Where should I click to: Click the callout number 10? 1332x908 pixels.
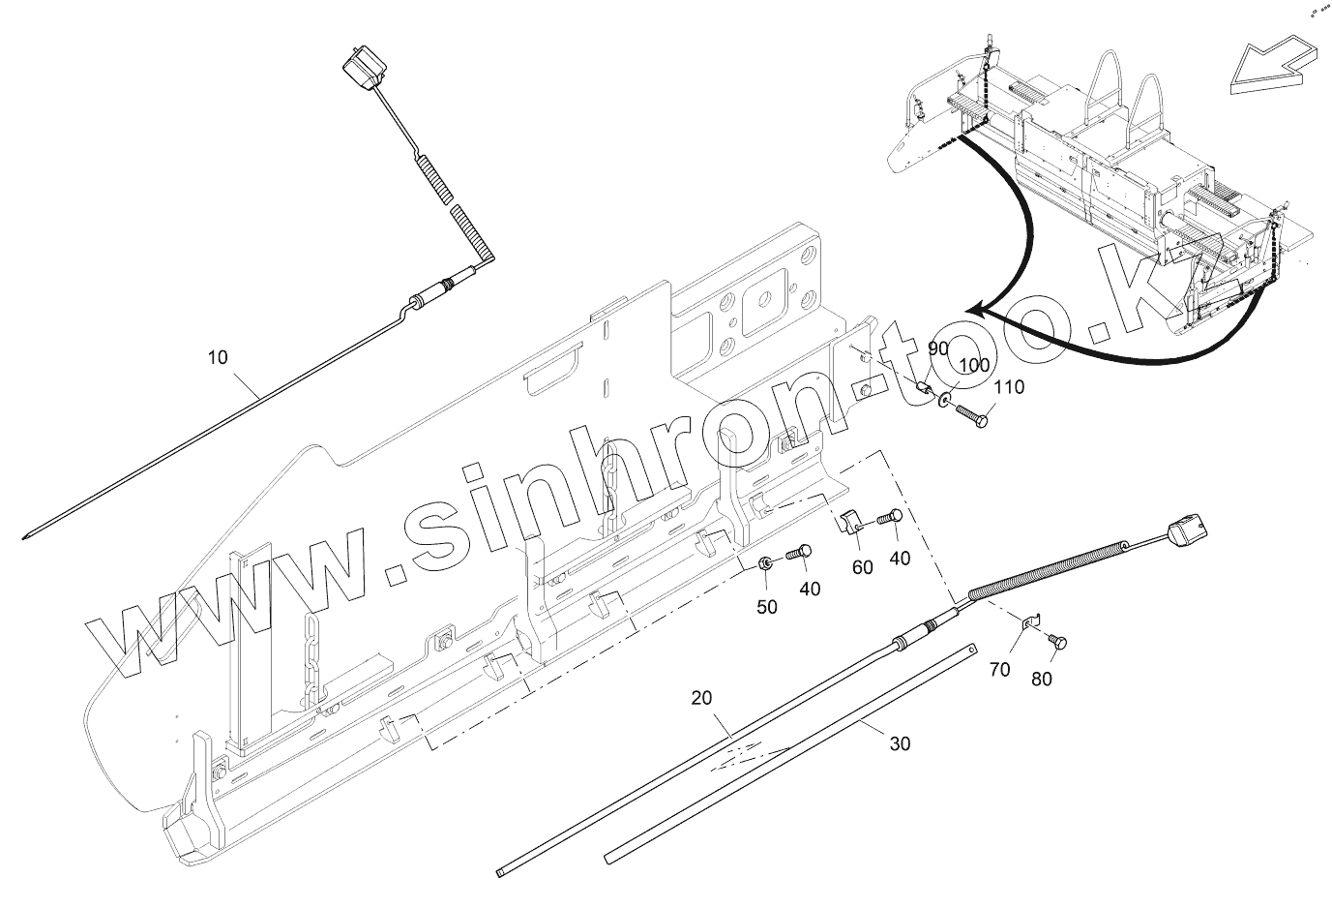click(x=218, y=357)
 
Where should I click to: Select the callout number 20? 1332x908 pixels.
click(x=701, y=696)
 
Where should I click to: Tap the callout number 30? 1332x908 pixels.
click(x=900, y=743)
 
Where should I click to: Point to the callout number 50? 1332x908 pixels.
click(x=766, y=606)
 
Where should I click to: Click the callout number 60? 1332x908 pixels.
click(x=862, y=566)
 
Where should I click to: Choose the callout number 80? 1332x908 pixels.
click(x=1041, y=679)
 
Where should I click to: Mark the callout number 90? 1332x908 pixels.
click(x=938, y=348)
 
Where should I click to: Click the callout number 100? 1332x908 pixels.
click(x=974, y=366)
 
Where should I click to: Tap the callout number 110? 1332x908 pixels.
click(x=1008, y=388)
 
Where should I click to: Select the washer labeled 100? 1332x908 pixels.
click(x=943, y=399)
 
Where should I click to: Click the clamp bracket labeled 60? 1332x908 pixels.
click(x=850, y=523)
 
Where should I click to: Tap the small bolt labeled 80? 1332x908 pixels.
click(x=1056, y=641)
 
